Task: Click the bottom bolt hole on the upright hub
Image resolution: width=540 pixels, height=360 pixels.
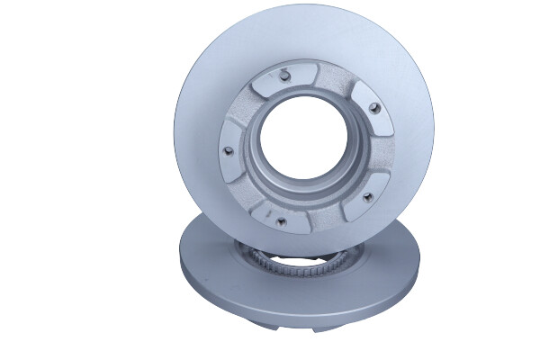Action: click(280, 218)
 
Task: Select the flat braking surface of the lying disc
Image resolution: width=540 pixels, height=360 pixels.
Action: click(216, 270)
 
